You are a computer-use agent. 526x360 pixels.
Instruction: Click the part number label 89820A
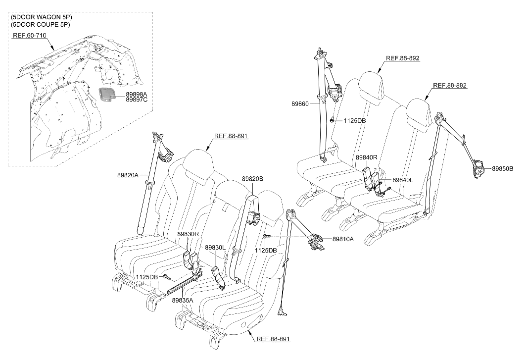[128, 175]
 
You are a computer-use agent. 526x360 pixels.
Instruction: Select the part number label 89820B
[252, 179]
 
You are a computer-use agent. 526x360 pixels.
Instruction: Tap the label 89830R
[188, 234]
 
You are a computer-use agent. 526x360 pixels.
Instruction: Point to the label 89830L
[215, 248]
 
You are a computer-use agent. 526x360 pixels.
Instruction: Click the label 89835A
[183, 301]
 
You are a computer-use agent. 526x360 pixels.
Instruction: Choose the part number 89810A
[343, 239]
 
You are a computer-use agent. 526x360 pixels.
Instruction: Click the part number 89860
[300, 104]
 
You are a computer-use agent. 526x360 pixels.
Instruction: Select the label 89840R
[367, 157]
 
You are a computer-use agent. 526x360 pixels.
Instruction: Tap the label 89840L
[403, 180]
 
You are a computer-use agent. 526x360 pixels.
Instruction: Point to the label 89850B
[503, 169]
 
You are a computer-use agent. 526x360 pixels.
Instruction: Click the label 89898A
[137, 95]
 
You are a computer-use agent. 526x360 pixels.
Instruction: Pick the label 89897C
[137, 100]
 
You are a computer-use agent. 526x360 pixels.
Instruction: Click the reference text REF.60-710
[30, 35]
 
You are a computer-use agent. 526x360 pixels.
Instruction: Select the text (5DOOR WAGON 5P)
[42, 17]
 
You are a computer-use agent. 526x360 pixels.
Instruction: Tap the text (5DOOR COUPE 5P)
[40, 25]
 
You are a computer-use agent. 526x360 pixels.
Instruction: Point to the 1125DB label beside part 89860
[355, 120]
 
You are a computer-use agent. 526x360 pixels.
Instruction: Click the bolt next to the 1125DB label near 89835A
[165, 276]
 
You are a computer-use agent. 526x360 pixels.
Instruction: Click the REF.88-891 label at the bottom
[273, 339]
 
